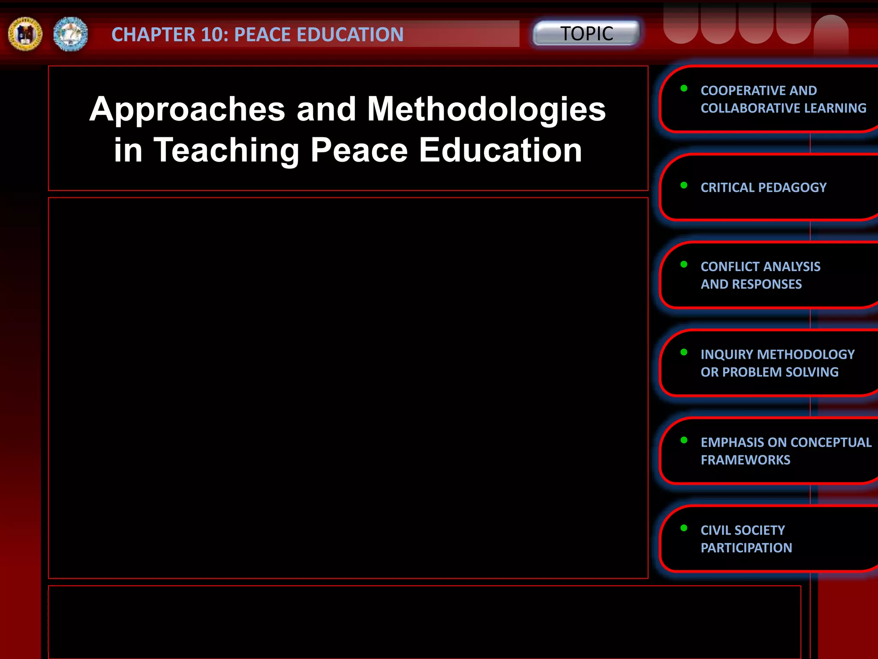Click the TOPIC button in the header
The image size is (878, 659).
pyautogui.click(x=586, y=33)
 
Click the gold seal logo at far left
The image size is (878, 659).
pyautogui.click(x=25, y=34)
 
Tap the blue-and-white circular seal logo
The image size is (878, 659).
pyautogui.click(x=70, y=34)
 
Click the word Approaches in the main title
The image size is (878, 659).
pyautogui.click(x=187, y=109)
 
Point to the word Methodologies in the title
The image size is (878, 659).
pyautogui.click(x=486, y=109)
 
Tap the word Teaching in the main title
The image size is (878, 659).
pyautogui.click(x=226, y=150)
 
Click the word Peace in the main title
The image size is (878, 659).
pyautogui.click(x=359, y=150)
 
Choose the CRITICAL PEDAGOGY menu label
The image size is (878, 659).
pyautogui.click(x=763, y=187)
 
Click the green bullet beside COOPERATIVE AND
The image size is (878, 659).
pyautogui.click(x=684, y=89)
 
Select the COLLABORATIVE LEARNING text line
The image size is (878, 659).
pyautogui.click(x=783, y=108)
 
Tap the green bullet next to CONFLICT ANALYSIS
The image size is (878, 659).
pyautogui.click(x=684, y=265)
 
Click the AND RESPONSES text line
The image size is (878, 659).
pyautogui.click(x=751, y=284)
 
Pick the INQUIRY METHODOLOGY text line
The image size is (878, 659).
pyautogui.click(x=777, y=354)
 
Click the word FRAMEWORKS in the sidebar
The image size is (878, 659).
pyautogui.click(x=746, y=460)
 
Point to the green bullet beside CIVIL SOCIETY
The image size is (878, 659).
pyautogui.click(x=684, y=528)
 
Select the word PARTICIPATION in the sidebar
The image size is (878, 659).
pyautogui.click(x=746, y=548)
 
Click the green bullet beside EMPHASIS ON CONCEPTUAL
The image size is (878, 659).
pyautogui.click(x=684, y=440)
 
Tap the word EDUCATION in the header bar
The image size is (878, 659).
pyautogui.click(x=350, y=35)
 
